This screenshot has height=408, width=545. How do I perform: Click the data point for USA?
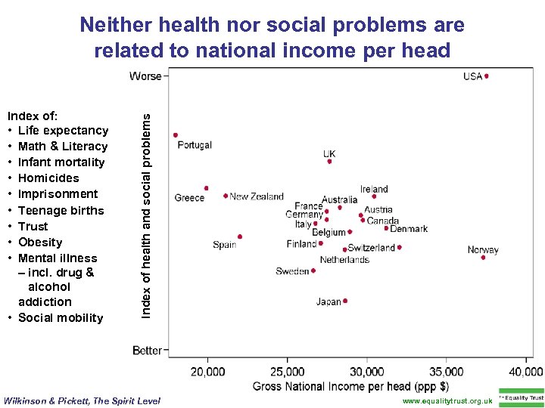487,76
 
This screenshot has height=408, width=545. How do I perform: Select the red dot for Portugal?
176,135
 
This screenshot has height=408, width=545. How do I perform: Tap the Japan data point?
345,301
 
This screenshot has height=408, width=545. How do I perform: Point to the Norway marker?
483,258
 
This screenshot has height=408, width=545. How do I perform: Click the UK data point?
329,161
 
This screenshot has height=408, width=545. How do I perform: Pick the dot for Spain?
240,236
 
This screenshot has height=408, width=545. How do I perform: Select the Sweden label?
292,271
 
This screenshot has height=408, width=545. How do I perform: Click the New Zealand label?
257,196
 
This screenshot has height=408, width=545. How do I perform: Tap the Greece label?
189,198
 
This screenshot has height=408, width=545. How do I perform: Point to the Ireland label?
374,189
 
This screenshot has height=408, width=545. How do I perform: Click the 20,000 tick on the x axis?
207,372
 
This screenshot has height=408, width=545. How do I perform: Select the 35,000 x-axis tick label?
446,372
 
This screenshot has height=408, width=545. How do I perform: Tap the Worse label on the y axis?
145,76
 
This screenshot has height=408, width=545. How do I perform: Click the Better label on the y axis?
147,351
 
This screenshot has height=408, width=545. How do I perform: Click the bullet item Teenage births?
61,210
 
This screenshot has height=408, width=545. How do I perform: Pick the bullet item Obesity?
40,242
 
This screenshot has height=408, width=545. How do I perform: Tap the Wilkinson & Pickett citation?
83,401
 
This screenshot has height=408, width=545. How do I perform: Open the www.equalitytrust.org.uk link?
447,401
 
